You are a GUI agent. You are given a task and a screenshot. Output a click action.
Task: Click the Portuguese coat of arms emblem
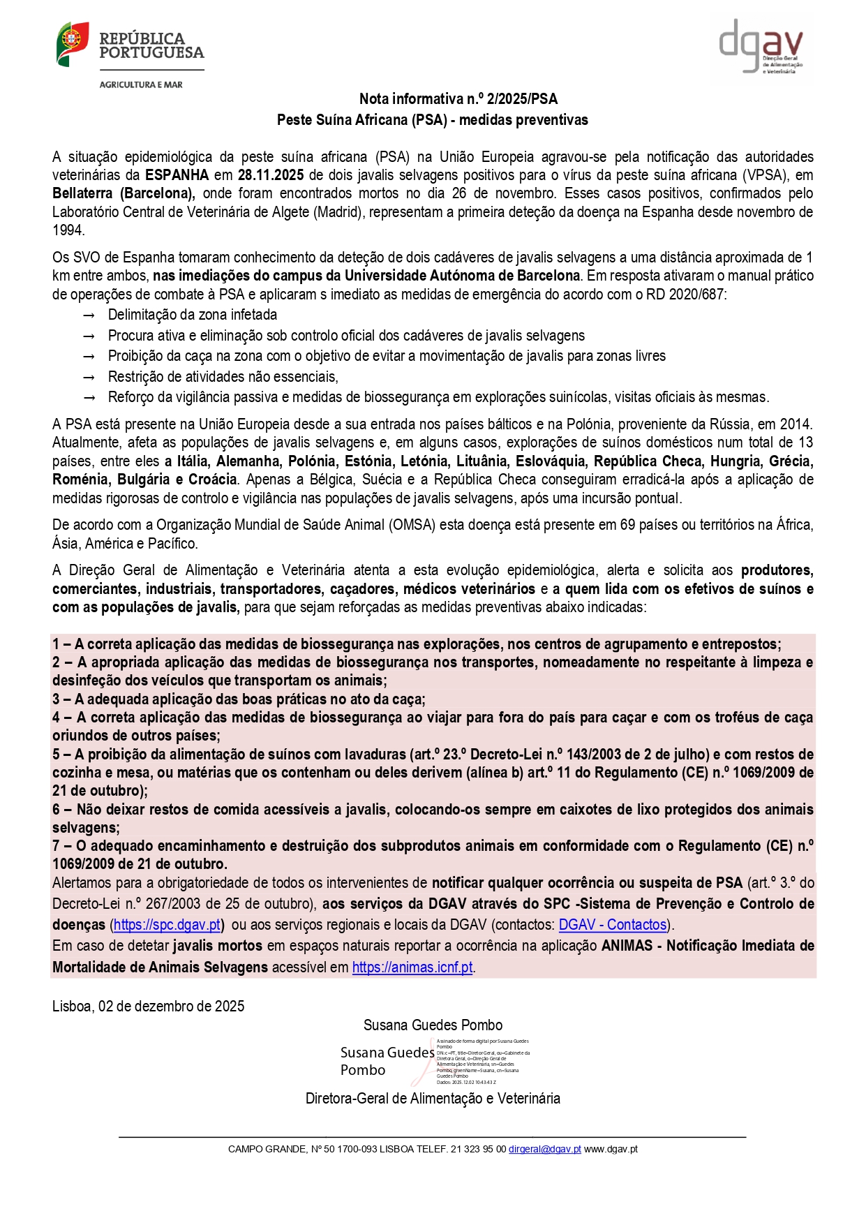point(73,44)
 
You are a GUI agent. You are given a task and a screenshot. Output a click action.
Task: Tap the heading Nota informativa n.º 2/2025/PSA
point(458,99)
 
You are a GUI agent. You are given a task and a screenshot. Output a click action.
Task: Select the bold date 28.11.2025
point(271,175)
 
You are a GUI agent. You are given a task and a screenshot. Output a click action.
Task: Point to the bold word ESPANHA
point(177,175)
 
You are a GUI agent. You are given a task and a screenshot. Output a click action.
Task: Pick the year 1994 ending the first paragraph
point(68,230)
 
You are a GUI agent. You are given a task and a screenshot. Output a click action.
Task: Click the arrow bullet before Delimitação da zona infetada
point(89,315)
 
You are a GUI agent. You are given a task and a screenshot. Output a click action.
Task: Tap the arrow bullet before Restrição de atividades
point(89,378)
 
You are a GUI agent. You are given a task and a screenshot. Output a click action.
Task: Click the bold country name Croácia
point(212,480)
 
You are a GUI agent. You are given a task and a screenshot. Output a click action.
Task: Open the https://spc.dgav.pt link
point(167,925)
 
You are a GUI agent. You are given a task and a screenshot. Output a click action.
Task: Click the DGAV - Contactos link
point(612,925)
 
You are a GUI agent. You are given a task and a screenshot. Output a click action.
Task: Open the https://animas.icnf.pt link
point(412,967)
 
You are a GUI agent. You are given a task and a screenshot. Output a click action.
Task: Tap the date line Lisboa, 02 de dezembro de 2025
point(148,1006)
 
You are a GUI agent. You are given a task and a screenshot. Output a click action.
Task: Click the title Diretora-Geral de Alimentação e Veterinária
point(433,1099)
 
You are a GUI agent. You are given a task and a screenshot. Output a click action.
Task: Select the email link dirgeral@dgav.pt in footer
point(544,1149)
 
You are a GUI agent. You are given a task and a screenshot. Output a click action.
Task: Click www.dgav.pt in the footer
point(611,1149)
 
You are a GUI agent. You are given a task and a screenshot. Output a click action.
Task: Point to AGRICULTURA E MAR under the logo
point(141,84)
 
